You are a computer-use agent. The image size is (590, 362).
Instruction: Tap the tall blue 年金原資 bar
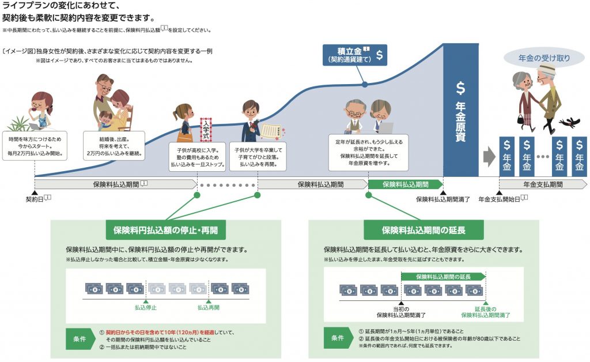[x=460, y=110]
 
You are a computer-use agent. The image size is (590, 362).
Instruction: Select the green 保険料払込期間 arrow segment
[x=406, y=184]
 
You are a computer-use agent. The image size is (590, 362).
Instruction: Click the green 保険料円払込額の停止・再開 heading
[x=165, y=230]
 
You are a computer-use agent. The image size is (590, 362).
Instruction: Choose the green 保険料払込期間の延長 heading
[x=423, y=230]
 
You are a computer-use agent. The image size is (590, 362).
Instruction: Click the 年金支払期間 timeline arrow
[x=542, y=184]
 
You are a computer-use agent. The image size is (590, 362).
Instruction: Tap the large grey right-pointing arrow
[x=489, y=156]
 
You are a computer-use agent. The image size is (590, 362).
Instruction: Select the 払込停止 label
[x=146, y=307]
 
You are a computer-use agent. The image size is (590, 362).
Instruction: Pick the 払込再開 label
[x=209, y=307]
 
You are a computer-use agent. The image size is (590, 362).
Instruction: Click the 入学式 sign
[x=207, y=130]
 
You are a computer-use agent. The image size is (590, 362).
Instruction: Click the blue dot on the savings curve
[x=365, y=85]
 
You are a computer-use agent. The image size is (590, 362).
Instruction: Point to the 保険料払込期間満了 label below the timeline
[x=443, y=199]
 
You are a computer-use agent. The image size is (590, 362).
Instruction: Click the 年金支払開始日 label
[x=499, y=199]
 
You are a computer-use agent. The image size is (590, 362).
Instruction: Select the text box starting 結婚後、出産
[x=113, y=146]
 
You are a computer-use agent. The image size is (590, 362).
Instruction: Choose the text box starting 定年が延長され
[x=368, y=152]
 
